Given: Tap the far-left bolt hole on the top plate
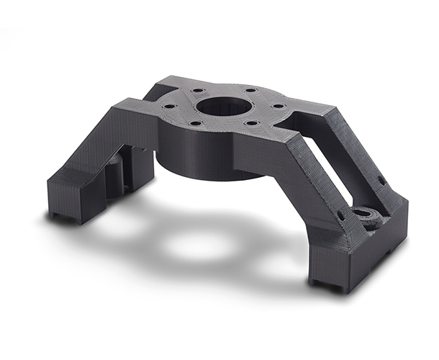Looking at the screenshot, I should [170, 106].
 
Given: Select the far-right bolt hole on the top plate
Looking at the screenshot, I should [277, 107].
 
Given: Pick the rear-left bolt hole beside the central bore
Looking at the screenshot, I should [196, 92].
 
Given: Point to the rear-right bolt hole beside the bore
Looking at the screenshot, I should [249, 91].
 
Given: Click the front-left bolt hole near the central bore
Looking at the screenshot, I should [196, 123].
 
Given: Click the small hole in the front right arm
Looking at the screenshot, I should [340, 214].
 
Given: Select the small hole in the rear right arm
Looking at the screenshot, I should [382, 180].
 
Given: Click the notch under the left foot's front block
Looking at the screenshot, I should [60, 215].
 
